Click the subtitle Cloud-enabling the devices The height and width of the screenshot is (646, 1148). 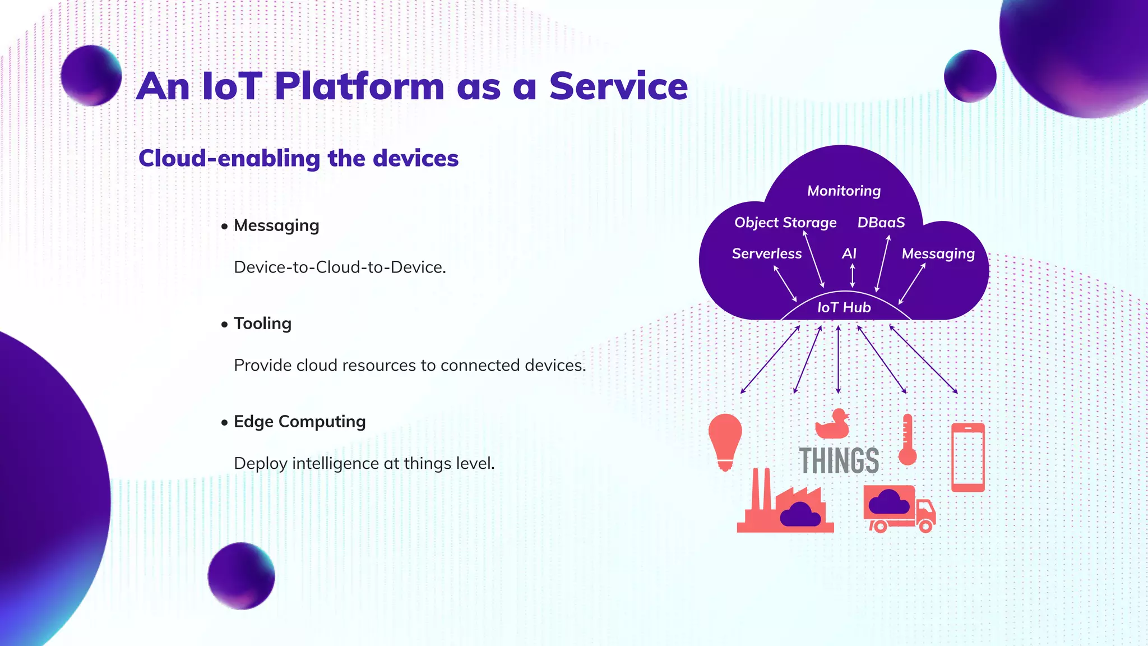tap(298, 159)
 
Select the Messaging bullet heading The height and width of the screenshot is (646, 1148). tap(276, 225)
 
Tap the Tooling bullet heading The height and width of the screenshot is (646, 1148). tap(262, 324)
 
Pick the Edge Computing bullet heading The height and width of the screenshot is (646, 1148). tap(299, 422)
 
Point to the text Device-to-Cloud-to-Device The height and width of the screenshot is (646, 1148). tap(340, 267)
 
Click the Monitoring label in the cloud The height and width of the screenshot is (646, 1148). tap(844, 191)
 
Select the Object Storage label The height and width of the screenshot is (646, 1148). tap(785, 223)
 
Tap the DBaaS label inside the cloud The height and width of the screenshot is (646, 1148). tap(881, 223)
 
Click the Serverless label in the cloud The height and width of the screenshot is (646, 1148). tap(766, 254)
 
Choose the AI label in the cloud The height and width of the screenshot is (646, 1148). tap(849, 254)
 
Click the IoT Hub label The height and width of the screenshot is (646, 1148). tap(844, 307)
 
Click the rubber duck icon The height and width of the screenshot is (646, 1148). tap(832, 424)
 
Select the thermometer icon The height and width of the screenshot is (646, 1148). tap(907, 441)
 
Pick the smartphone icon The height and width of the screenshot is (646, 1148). tap(968, 457)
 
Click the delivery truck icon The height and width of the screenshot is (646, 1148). tap(899, 509)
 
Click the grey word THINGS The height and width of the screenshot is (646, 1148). tap(839, 461)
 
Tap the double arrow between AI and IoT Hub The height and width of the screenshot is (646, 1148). tap(852, 275)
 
